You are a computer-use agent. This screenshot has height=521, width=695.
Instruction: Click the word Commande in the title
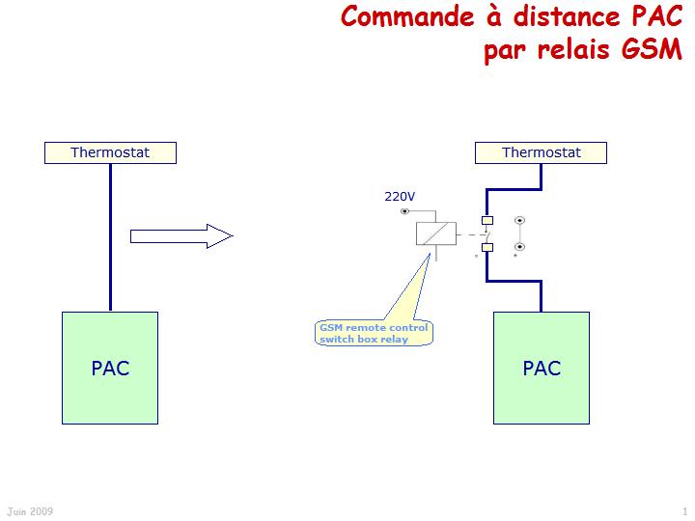(397, 17)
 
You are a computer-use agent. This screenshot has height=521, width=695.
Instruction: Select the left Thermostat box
(110, 152)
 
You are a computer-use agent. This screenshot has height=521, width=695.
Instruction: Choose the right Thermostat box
(542, 152)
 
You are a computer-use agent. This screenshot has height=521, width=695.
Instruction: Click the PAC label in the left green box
(110, 368)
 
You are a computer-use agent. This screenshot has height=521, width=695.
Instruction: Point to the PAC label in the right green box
(542, 368)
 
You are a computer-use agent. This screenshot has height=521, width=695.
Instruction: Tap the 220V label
(400, 197)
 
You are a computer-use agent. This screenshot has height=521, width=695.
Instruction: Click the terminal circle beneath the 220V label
(403, 210)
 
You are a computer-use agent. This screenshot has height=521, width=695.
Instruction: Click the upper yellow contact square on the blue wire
(486, 221)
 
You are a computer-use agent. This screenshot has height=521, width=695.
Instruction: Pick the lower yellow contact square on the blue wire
(486, 248)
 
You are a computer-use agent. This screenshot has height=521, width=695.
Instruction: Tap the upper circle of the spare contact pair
(519, 221)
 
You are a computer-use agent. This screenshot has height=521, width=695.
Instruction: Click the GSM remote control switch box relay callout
(374, 334)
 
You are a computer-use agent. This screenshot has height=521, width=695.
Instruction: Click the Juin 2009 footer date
(29, 511)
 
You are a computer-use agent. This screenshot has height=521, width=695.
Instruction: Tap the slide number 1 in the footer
(684, 511)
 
